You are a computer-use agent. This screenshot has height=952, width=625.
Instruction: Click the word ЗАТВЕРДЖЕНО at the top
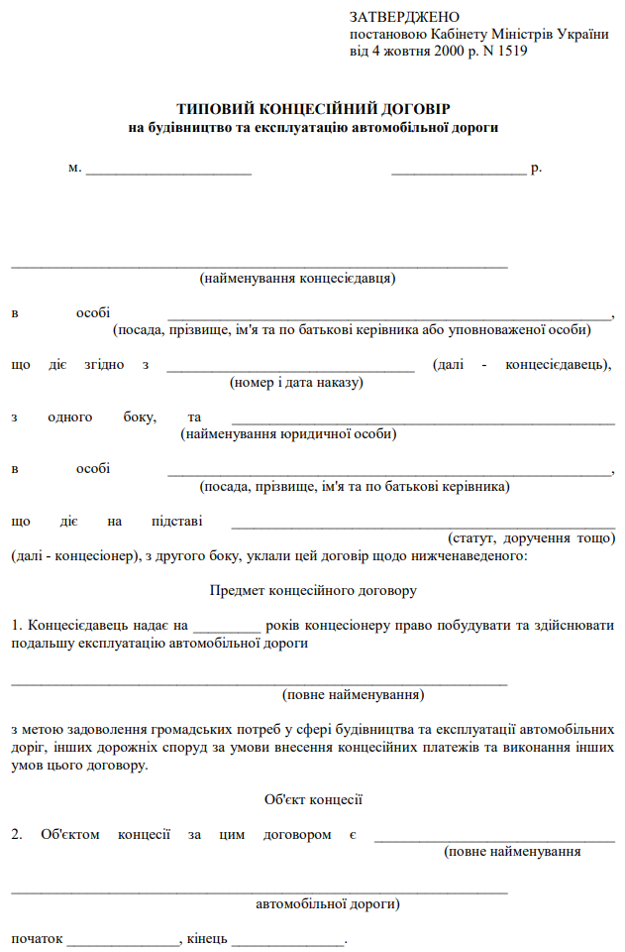(x=405, y=18)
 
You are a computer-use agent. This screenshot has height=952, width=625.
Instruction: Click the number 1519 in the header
(x=510, y=51)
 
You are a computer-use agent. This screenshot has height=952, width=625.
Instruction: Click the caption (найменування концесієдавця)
(x=297, y=279)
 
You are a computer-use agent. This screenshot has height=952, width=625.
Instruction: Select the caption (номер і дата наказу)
(x=297, y=382)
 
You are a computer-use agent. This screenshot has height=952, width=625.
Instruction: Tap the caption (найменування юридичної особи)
(x=289, y=433)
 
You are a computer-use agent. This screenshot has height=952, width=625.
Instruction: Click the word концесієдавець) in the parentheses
(x=558, y=365)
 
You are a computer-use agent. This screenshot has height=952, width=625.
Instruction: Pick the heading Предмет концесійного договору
(x=313, y=591)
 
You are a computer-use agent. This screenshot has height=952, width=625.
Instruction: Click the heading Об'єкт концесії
(x=313, y=798)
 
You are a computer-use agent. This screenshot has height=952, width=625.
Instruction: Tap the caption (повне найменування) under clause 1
(x=354, y=694)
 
